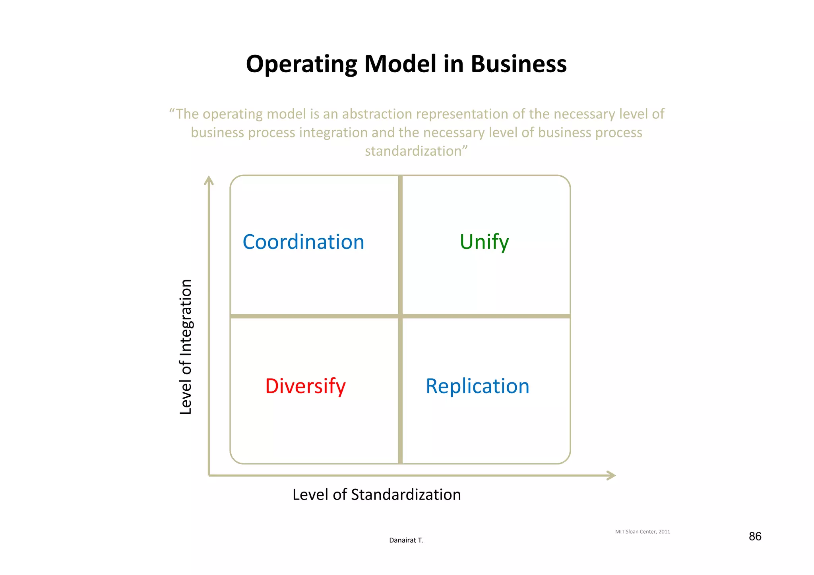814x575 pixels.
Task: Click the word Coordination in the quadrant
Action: [303, 242]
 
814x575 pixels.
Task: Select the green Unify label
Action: [484, 242]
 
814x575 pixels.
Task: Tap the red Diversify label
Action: [305, 386]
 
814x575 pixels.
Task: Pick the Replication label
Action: [477, 386]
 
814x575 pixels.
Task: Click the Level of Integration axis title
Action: [186, 347]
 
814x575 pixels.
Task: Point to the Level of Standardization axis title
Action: [376, 495]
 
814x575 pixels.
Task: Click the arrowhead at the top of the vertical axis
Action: [209, 181]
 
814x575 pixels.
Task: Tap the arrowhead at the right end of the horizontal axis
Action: [611, 475]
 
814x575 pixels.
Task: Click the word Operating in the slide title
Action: [301, 64]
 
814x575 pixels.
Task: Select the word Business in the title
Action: [518, 64]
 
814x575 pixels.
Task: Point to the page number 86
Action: [755, 536]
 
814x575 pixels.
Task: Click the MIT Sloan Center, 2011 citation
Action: [642, 532]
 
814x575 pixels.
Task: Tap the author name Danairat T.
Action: [406, 540]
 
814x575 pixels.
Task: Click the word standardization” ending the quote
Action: [416, 151]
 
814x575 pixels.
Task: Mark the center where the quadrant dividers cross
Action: [400, 316]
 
